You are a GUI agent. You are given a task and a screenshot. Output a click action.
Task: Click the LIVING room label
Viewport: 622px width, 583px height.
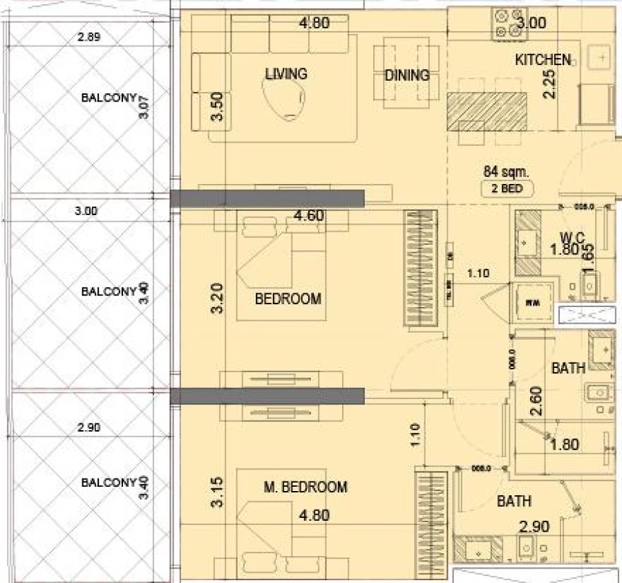(286, 73)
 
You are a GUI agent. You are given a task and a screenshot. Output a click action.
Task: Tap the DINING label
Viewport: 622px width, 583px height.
(406, 75)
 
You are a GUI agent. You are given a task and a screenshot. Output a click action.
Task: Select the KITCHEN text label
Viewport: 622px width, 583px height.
(543, 60)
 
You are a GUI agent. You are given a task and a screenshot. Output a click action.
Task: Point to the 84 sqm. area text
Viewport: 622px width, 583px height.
(507, 172)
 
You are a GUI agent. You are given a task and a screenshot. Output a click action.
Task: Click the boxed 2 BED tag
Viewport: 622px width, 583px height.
(507, 187)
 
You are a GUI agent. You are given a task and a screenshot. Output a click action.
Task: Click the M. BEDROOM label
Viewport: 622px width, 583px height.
(305, 488)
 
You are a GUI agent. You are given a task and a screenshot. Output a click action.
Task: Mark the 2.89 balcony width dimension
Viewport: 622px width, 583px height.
(89, 38)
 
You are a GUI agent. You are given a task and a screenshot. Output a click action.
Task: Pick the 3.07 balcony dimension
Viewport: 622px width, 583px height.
(144, 107)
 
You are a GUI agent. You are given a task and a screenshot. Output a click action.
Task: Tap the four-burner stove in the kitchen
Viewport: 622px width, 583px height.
(506, 22)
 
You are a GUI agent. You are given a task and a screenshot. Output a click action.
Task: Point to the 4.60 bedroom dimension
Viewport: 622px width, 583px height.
(308, 216)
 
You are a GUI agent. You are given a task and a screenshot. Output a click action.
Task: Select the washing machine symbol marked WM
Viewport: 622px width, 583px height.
(532, 302)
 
